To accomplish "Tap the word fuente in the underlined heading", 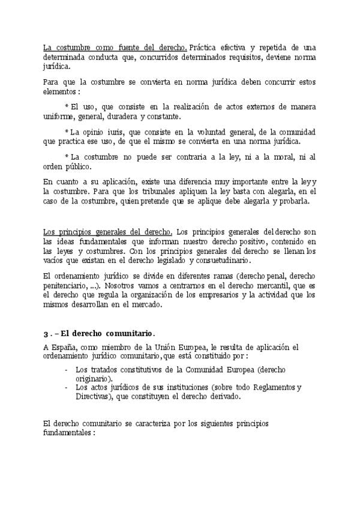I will pos(124,47).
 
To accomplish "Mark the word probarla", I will pos(295,201).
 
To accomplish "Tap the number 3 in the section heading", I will pos(46,333).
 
